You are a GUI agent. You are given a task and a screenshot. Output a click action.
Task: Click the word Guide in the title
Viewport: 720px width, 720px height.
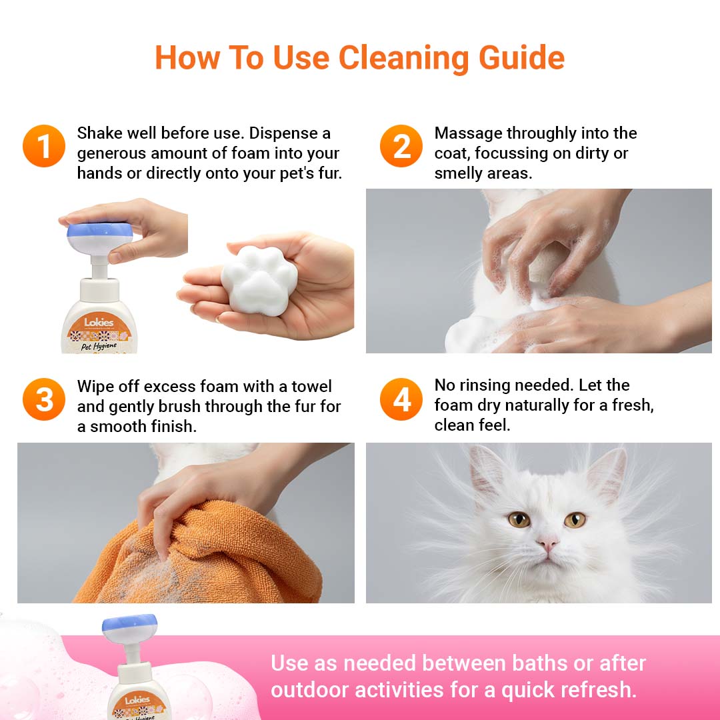tap(521, 58)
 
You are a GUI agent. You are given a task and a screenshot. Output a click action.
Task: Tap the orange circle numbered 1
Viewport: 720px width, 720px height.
tap(43, 146)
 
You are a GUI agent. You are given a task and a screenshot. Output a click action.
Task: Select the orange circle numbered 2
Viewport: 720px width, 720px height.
tap(401, 146)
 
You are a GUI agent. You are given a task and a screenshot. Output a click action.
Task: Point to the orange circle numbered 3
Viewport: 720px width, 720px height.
tap(43, 399)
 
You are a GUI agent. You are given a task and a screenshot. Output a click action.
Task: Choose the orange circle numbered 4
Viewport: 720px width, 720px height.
tap(401, 399)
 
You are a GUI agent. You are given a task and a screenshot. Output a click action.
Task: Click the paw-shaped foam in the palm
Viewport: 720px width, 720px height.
tap(260, 281)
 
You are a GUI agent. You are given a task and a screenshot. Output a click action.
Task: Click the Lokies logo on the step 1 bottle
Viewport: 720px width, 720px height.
tap(99, 322)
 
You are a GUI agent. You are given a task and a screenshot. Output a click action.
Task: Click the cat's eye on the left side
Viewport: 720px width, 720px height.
tap(519, 520)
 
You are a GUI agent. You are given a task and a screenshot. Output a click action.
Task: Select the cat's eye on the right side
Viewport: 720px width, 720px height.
tap(575, 520)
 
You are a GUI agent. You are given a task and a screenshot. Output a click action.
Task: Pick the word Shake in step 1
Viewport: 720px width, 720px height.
tap(99, 133)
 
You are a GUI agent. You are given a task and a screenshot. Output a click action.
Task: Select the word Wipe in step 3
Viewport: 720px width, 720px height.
tap(95, 387)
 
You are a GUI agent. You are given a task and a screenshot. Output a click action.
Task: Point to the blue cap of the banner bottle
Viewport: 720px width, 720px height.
tap(129, 623)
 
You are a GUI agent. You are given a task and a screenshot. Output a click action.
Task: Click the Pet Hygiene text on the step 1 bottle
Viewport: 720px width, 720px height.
tap(99, 346)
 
